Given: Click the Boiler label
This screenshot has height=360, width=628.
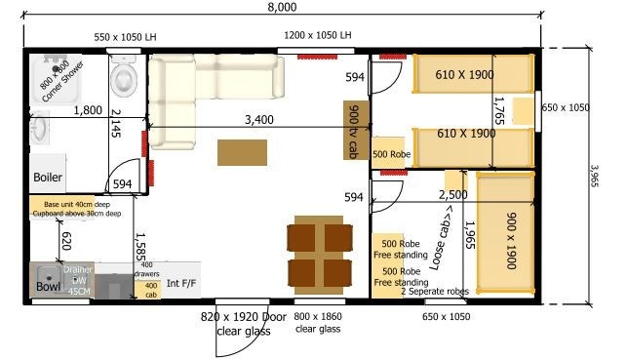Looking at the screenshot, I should point(48,178).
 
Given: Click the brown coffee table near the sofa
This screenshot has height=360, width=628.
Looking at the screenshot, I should point(242,152).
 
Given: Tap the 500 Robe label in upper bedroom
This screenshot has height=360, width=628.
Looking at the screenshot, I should point(391,154).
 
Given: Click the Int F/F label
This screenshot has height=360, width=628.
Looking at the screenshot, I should point(181,284).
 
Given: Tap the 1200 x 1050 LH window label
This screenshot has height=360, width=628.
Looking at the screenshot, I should point(317,35).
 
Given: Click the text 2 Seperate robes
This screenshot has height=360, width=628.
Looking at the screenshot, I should point(434,292).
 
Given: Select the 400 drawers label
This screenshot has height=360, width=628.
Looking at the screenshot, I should point(146,269).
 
